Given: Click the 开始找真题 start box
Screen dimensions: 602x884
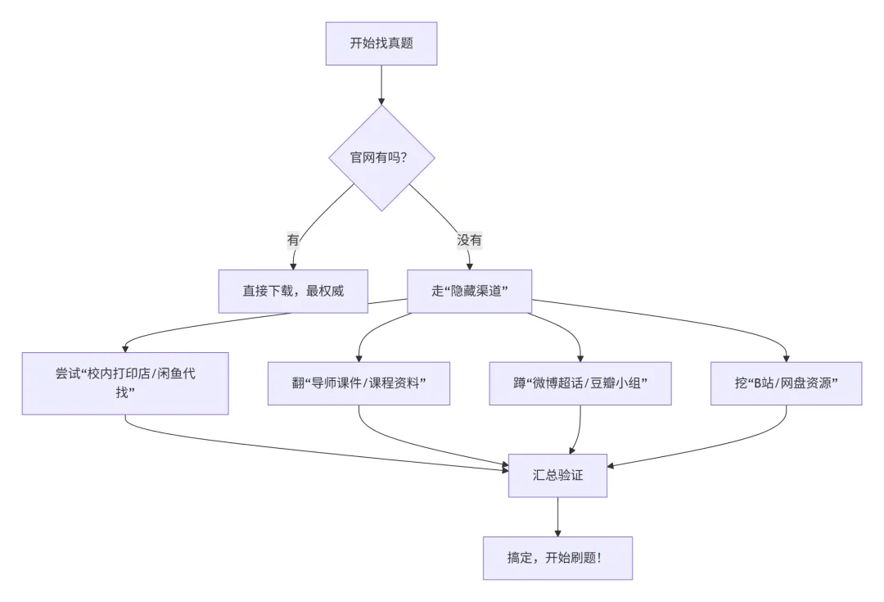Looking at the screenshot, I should coord(381,43).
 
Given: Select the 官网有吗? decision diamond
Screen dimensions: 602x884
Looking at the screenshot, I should coord(381,157).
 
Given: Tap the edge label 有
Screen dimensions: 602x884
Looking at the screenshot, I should coord(293,240).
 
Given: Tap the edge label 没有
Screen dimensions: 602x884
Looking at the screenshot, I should coord(469,240).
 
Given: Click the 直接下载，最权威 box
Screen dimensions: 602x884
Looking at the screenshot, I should coord(293,292).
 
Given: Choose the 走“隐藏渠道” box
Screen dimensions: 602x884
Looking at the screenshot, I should coord(470,292).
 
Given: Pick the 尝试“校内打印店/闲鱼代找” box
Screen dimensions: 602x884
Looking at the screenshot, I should coord(125,382).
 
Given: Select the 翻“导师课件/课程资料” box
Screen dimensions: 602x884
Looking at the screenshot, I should coord(359,383).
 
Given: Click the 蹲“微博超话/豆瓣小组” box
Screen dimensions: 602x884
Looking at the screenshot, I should coord(580,383).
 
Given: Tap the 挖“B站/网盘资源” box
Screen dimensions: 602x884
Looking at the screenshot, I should coord(787,383).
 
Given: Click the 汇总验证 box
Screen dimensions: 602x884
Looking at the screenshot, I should coord(557,475).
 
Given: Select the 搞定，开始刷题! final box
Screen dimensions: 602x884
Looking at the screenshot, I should coord(557,558).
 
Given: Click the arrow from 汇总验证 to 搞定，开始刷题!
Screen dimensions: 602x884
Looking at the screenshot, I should coord(557,516).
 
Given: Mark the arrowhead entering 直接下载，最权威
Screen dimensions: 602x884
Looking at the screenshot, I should coord(293,266).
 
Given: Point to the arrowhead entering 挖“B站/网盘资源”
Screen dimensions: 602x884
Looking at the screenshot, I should coord(787,357).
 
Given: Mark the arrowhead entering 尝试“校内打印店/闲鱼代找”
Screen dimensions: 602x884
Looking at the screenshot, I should coord(125,347).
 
